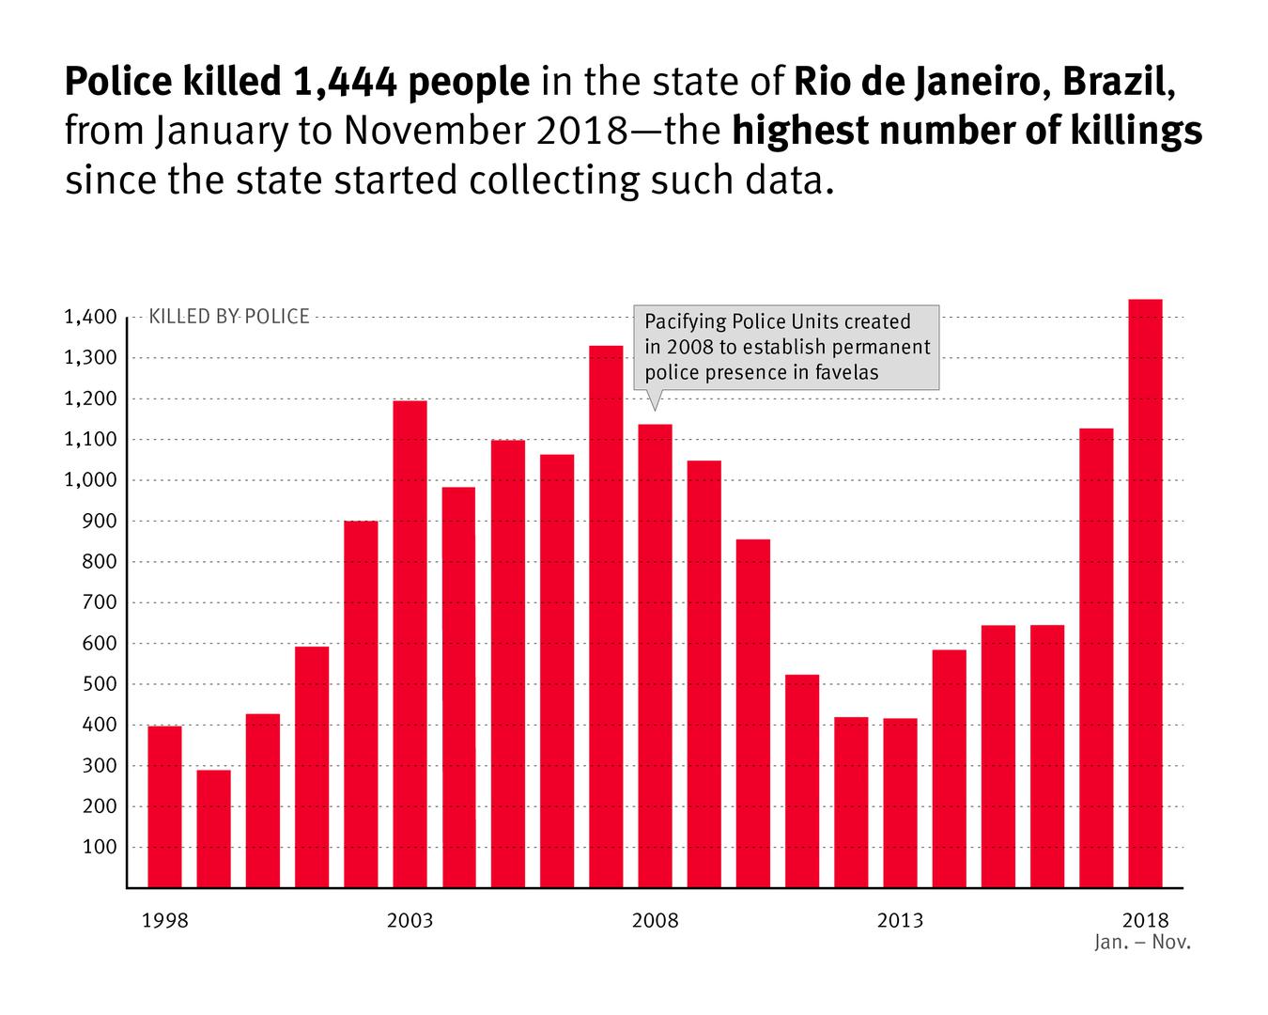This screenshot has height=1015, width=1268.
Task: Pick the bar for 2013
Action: click(x=900, y=803)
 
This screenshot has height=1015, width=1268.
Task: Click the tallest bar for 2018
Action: click(x=1145, y=593)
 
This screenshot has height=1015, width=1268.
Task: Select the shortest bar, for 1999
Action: click(x=213, y=828)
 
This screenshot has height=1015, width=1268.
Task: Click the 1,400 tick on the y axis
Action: click(x=90, y=318)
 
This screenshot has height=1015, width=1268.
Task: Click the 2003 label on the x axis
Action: click(x=410, y=920)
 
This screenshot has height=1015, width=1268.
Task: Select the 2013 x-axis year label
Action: click(x=900, y=920)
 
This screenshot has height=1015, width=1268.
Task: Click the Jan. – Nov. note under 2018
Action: click(x=1142, y=942)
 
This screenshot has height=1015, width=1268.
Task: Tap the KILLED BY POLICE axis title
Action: click(x=228, y=317)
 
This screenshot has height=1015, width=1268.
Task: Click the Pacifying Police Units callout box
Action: click(x=786, y=347)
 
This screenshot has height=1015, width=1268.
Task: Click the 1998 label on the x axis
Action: click(x=164, y=920)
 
